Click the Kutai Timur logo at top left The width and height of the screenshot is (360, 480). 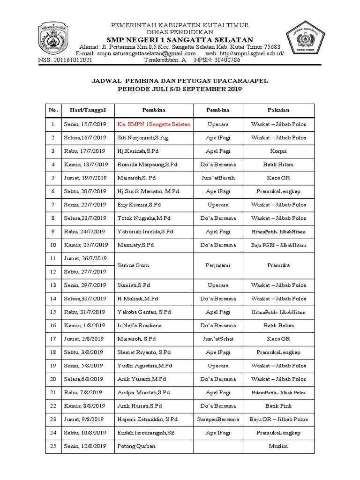(x=55, y=39)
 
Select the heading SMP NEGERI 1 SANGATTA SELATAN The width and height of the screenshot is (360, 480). (x=180, y=39)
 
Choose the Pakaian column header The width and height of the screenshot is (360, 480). (x=278, y=110)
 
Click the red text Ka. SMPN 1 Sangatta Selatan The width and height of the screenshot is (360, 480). (x=154, y=124)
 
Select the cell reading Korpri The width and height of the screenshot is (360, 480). (x=278, y=151)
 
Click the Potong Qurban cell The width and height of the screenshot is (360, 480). (x=134, y=446)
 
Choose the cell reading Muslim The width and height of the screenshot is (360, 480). (x=278, y=446)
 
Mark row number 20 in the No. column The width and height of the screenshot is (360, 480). (x=53, y=379)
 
